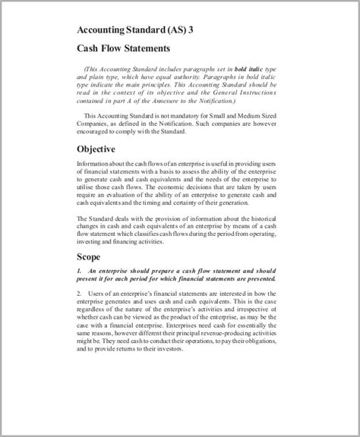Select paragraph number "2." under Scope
coord(80,293)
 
